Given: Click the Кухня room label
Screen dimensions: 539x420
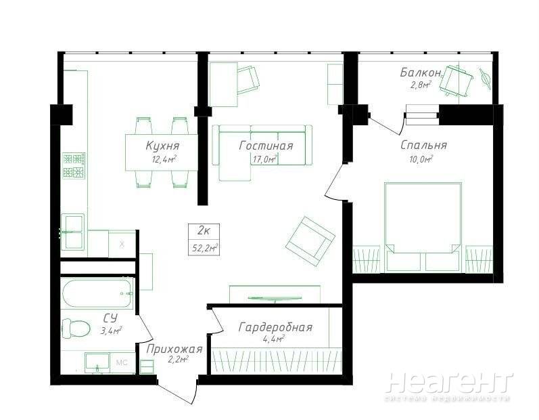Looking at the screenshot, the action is coord(162,146).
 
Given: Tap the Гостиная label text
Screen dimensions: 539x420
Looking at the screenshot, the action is coord(266,146).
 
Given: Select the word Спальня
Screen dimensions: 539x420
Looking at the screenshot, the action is coord(423,145).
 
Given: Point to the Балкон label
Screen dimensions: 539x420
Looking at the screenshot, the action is coord(421,72).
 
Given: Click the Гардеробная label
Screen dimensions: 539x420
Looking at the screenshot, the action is coord(276,327).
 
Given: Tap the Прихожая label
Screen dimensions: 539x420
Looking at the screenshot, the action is coord(174,349).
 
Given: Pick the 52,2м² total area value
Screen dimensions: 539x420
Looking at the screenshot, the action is coord(204,247).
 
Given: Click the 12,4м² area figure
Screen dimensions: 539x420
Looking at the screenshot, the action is coord(164,159).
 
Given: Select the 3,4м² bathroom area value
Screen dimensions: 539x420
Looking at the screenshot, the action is coord(111,331).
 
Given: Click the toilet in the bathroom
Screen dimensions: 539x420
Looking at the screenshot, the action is coord(76,328).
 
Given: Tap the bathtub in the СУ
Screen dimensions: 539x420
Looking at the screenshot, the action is coord(97,293).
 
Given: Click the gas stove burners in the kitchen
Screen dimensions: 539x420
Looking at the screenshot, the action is coord(74,165).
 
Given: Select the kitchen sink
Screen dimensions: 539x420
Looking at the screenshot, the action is coord(72,232).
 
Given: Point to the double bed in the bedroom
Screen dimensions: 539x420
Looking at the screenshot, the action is coord(423,227).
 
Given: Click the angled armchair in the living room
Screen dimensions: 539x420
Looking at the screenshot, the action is coord(310,241).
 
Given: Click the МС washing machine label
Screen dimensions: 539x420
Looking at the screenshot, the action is coord(122,362).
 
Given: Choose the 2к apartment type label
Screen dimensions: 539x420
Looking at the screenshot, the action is coord(204,231).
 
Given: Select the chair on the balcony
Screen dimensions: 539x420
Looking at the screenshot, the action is coord(456,80).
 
